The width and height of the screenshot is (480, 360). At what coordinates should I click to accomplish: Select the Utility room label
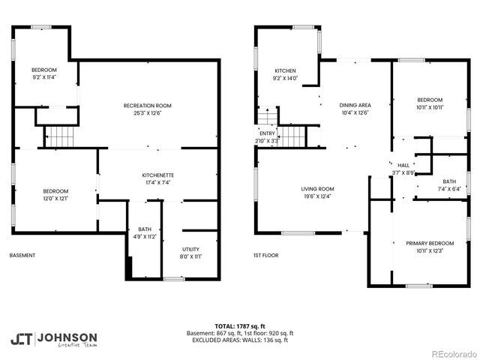point(190,252)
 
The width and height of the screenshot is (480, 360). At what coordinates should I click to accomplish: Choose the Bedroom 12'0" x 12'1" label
point(55,194)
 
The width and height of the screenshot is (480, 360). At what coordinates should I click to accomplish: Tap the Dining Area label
point(355,109)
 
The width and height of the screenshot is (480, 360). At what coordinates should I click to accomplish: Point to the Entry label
point(268,136)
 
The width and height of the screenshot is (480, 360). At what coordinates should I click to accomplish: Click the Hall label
point(403,169)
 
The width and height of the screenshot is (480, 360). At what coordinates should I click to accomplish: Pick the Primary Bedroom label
point(430,247)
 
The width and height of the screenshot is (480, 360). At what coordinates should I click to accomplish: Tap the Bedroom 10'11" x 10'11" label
point(430,103)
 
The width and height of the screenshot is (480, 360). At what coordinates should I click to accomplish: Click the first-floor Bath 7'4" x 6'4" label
point(448,185)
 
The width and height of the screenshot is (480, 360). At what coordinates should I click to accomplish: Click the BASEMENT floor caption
point(22,256)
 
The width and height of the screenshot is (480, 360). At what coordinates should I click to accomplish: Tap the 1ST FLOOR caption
point(265,256)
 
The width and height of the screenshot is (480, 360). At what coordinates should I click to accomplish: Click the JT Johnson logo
point(53,339)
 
